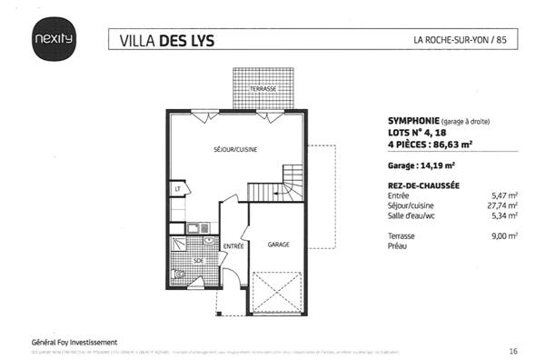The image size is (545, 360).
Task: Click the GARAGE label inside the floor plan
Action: click(x=278, y=245)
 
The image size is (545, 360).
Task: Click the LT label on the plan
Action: click(x=178, y=189)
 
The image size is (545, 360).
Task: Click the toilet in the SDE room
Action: click(x=180, y=272)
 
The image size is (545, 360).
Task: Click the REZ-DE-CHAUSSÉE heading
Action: click(x=409, y=185)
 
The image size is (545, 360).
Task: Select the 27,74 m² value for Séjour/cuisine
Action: click(x=504, y=205)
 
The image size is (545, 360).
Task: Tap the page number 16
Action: click(x=513, y=349)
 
